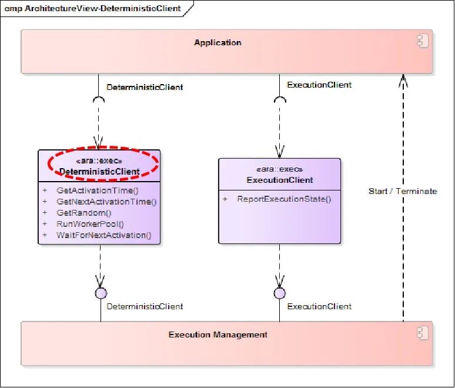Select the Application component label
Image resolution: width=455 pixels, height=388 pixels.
coord(218,42)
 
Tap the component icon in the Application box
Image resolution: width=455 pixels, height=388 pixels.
coord(422,41)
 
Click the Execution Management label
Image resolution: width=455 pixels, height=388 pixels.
coord(218,335)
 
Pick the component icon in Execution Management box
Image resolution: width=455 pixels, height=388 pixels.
coord(422,333)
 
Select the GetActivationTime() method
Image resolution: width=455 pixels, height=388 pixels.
coord(97,190)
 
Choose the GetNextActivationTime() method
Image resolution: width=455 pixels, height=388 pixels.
coord(106,202)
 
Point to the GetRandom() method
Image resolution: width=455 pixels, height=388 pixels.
coord(84,213)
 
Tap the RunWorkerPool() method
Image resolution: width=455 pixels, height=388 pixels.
coord(91,224)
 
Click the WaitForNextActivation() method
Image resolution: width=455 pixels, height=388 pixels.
coord(103,235)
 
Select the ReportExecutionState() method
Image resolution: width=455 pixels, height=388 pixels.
coord(284,199)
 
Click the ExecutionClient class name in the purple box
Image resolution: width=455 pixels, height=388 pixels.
coord(279,180)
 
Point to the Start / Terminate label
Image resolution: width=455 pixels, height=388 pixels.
coord(403,191)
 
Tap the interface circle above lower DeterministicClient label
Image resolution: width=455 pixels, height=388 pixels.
coord(100,293)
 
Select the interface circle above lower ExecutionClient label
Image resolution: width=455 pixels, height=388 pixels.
coord(279,293)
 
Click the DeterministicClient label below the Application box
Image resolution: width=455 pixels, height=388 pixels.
coord(145,87)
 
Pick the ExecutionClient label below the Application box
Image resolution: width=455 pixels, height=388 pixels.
coord(319,85)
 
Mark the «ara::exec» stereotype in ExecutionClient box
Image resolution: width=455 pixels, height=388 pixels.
coord(279,169)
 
